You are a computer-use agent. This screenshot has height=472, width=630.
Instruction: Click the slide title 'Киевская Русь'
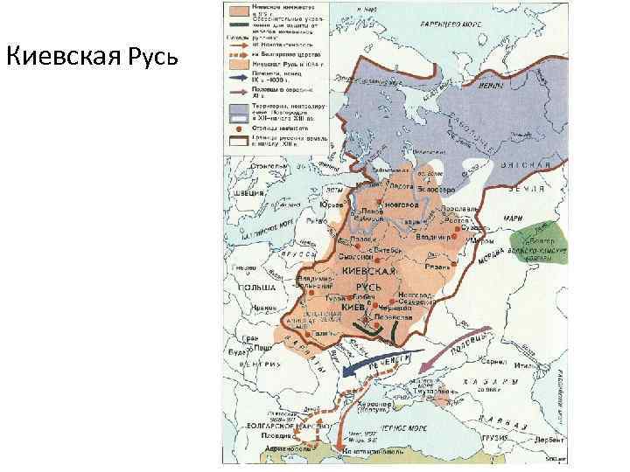coord(92,58)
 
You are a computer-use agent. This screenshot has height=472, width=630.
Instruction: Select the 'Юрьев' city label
coord(332,205)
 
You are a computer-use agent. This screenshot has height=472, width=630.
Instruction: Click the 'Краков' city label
coord(254,308)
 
